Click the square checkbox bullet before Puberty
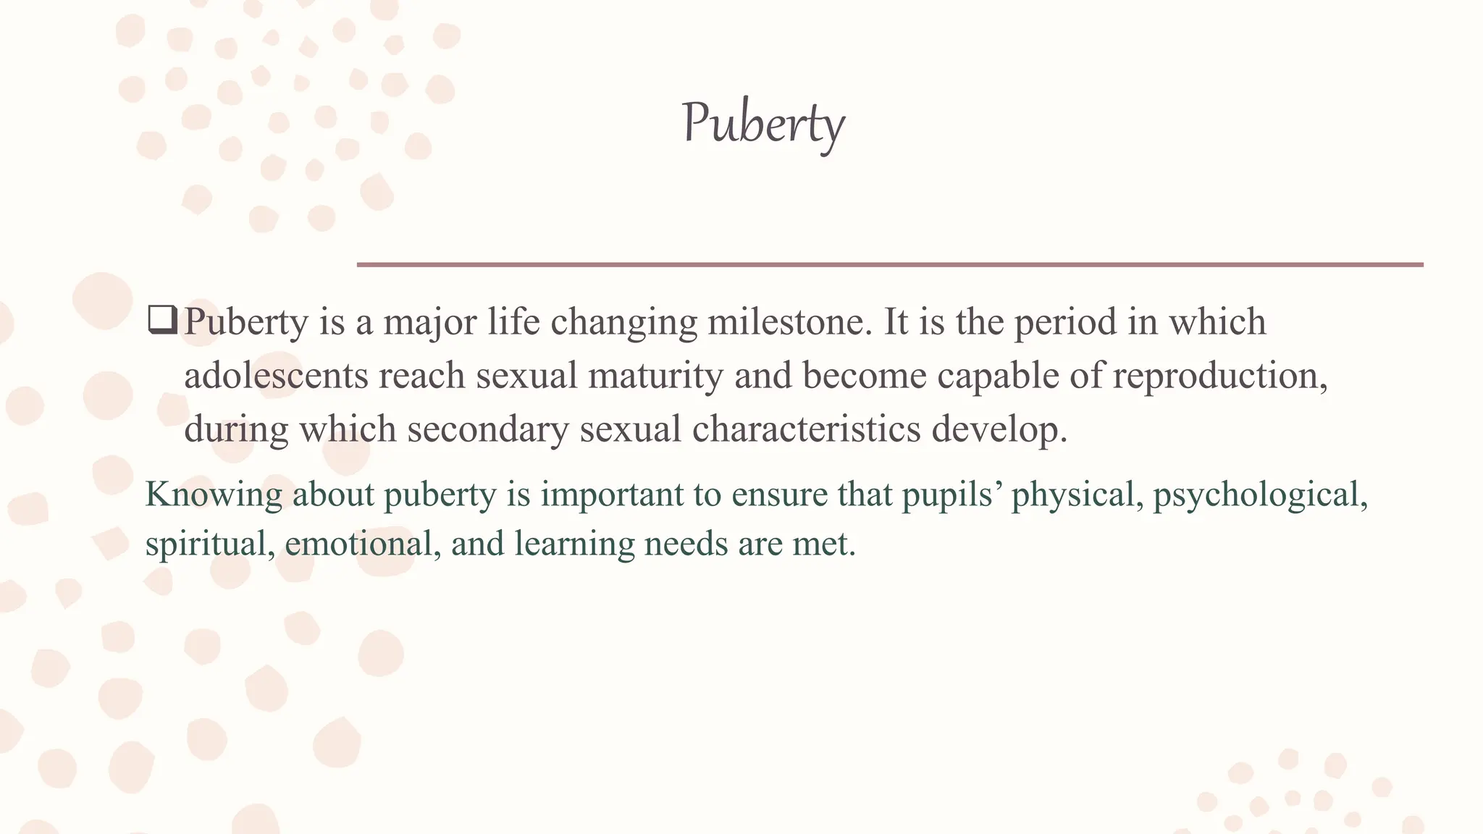point(161,320)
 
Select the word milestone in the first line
point(790,322)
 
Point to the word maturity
point(655,376)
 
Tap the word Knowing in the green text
point(214,496)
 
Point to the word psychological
point(1259,496)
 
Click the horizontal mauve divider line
point(890,265)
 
